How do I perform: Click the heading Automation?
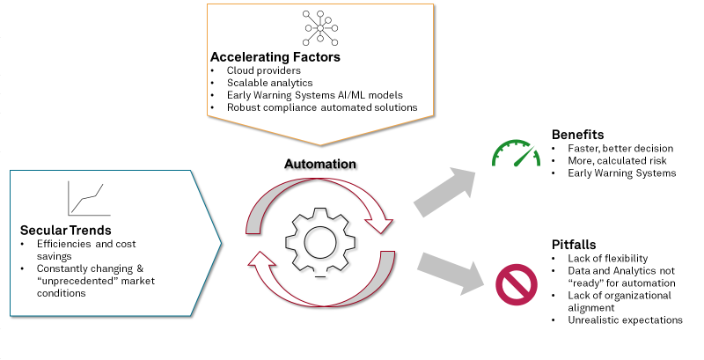pos(319,164)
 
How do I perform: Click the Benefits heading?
pos(577,135)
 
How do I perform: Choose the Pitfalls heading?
pos(574,244)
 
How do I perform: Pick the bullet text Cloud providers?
pos(263,70)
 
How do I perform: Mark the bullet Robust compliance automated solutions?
pos(322,107)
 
